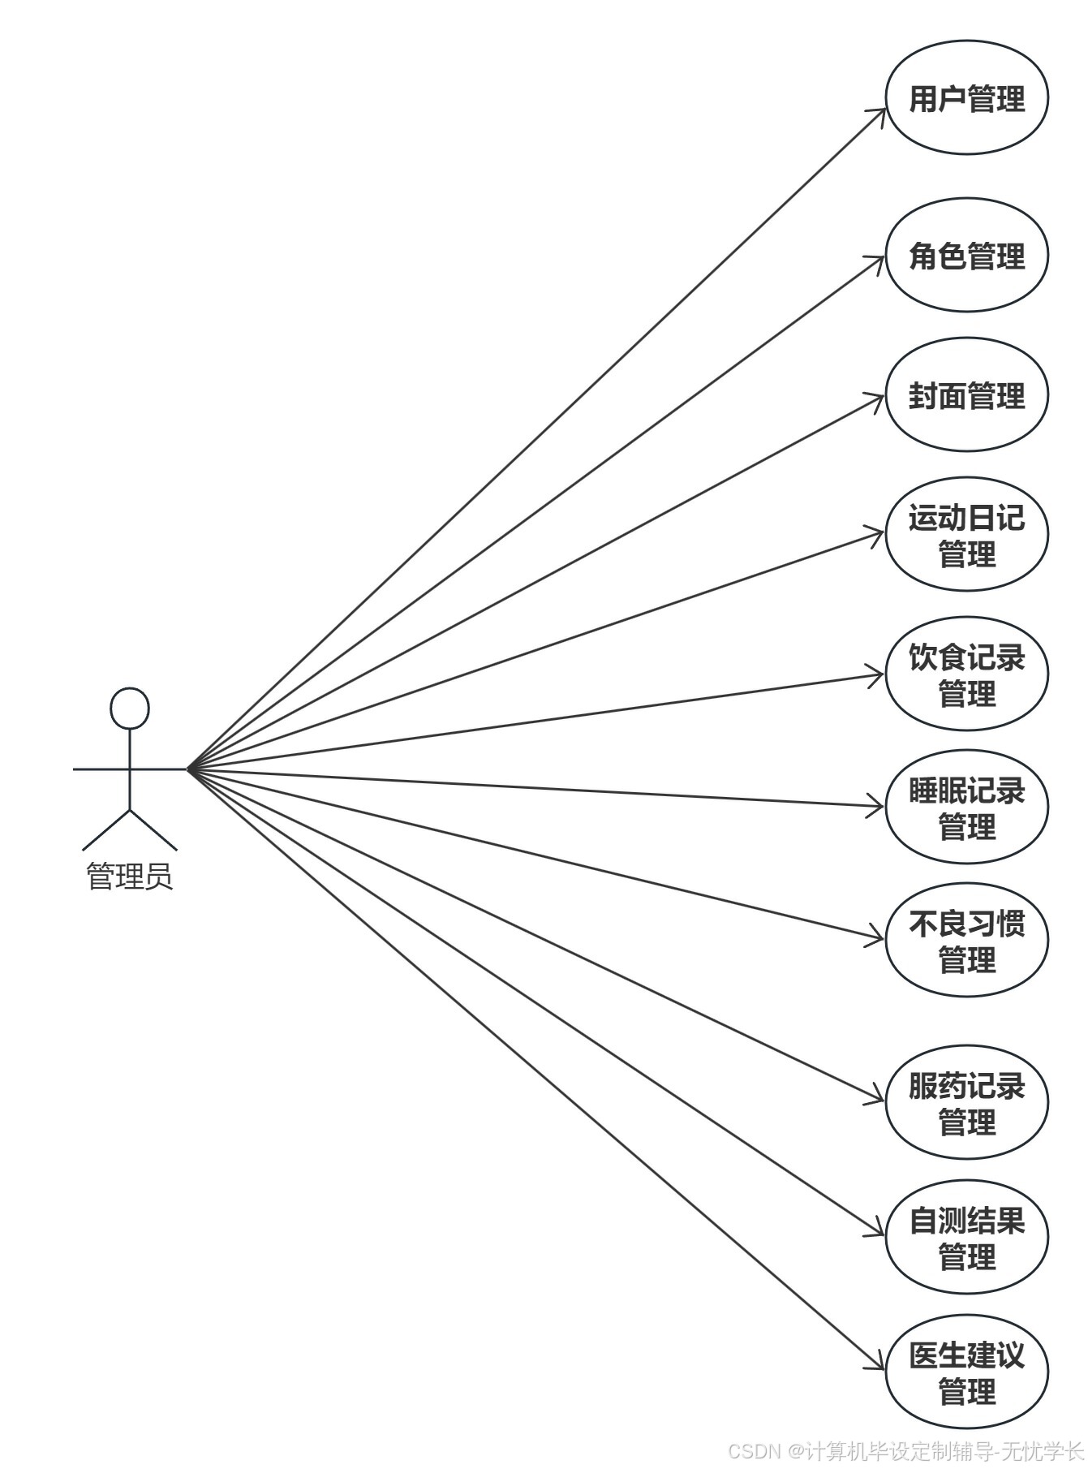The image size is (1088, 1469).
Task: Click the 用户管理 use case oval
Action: pyautogui.click(x=966, y=97)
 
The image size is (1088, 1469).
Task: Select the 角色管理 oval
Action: pyautogui.click(x=966, y=255)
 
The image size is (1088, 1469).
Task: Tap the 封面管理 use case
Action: pyautogui.click(x=966, y=395)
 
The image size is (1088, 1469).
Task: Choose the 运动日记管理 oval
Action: pyautogui.click(x=966, y=535)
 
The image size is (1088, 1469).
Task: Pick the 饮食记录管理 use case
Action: pyautogui.click(x=966, y=674)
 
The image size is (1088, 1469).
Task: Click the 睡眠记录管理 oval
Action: pyautogui.click(x=966, y=808)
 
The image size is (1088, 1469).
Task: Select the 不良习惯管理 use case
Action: pyautogui.click(x=966, y=940)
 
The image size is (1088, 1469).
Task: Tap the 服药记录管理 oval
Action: pyautogui.click(x=966, y=1103)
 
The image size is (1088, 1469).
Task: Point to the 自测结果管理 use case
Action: pyautogui.click(x=966, y=1237)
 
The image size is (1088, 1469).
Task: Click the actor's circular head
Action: pyautogui.click(x=130, y=708)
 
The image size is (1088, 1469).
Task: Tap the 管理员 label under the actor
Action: pyautogui.click(x=130, y=877)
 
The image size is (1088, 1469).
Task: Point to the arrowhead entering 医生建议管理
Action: pyautogui.click(x=879, y=1365)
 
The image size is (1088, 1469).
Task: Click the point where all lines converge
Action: pyautogui.click(x=189, y=769)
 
